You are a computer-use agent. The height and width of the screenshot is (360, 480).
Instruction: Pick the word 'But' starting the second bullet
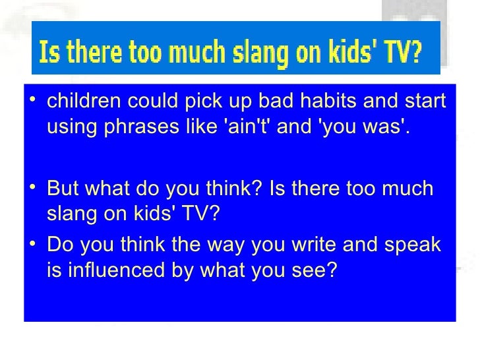pyautogui.click(x=61, y=189)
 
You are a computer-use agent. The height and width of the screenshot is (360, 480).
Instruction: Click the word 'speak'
pyautogui.click(x=415, y=246)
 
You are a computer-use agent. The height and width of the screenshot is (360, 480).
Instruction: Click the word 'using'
pyautogui.click(x=70, y=127)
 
